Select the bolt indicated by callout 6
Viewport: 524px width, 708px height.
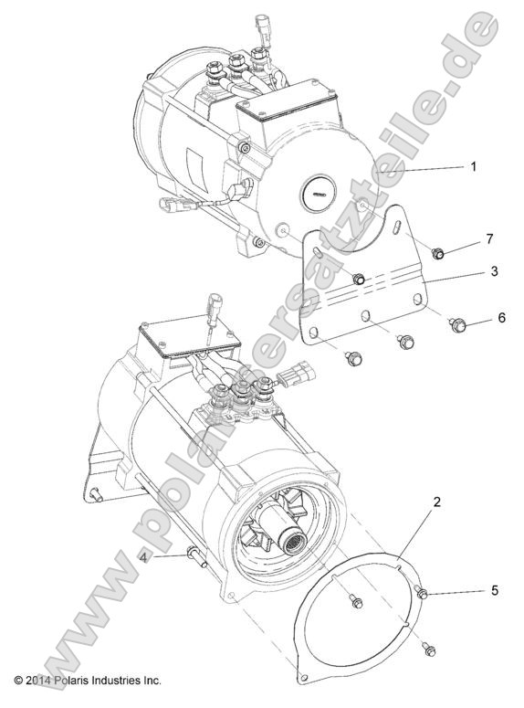coord(458,322)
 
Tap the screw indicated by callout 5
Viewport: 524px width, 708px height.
coord(422,595)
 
